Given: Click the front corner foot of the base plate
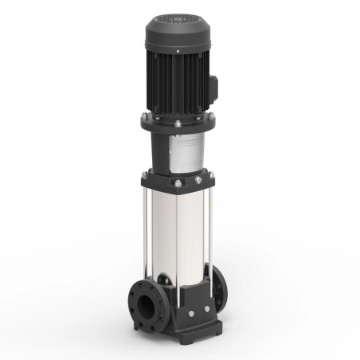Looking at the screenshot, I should [188, 334].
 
